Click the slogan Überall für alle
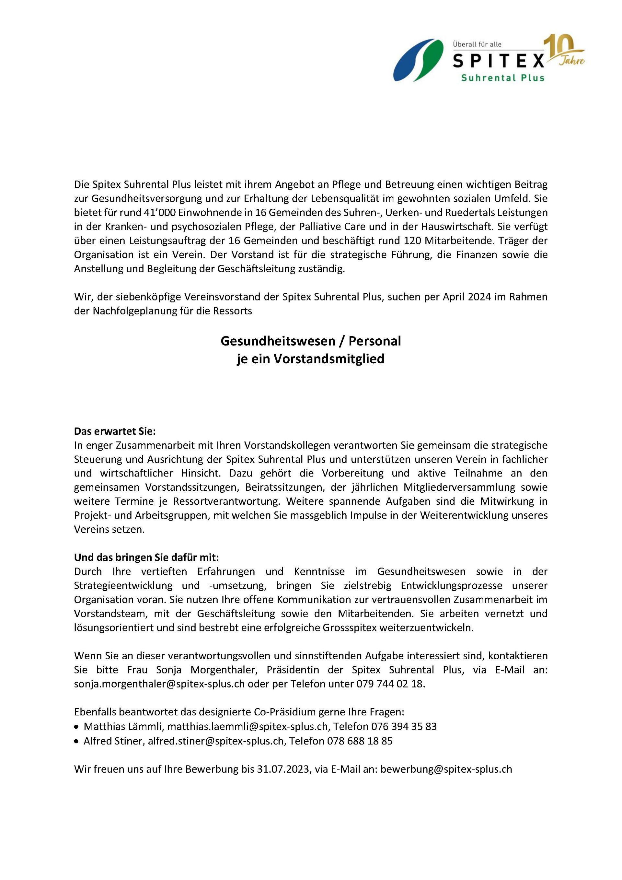coord(477,44)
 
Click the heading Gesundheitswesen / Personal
coord(311,341)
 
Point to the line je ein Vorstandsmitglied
coord(311,359)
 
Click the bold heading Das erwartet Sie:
coord(115,431)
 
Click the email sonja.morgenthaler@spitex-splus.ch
coord(159,684)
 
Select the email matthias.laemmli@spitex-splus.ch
coord(248,726)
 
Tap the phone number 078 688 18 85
coord(360,741)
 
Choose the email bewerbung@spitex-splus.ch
coord(446,769)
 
